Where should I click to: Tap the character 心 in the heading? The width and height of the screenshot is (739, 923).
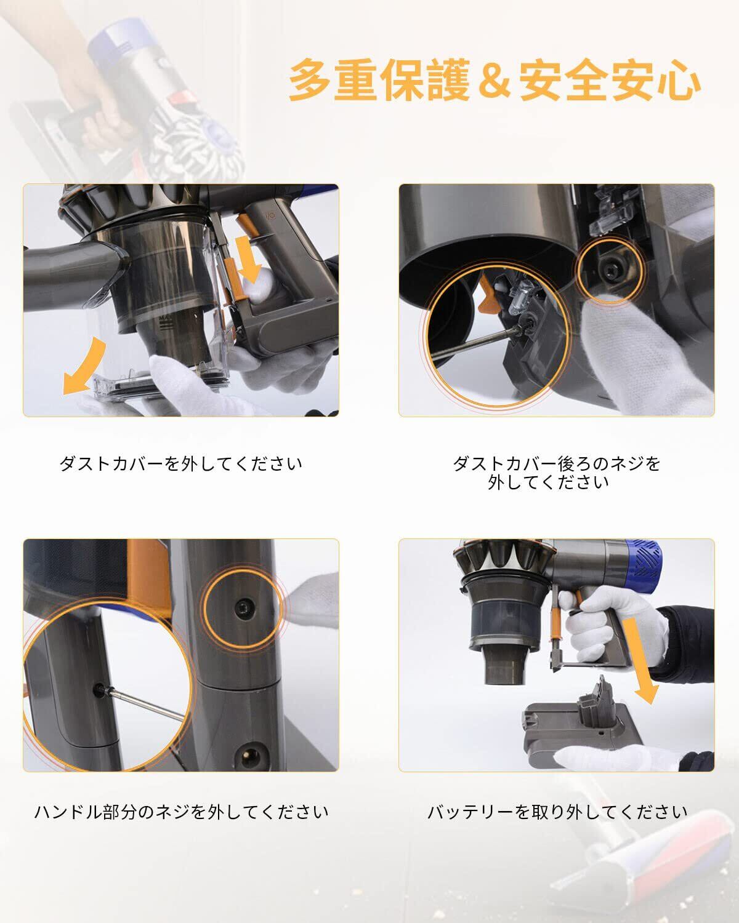pyautogui.click(x=677, y=80)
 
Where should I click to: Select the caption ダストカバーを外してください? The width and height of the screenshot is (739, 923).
pyautogui.click(x=181, y=464)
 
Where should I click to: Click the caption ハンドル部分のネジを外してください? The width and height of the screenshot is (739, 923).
pyautogui.click(x=181, y=812)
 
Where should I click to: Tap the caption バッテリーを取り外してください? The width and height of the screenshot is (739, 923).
pyautogui.click(x=557, y=812)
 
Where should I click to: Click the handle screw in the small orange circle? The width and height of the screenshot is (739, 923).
pyautogui.click(x=243, y=607)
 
